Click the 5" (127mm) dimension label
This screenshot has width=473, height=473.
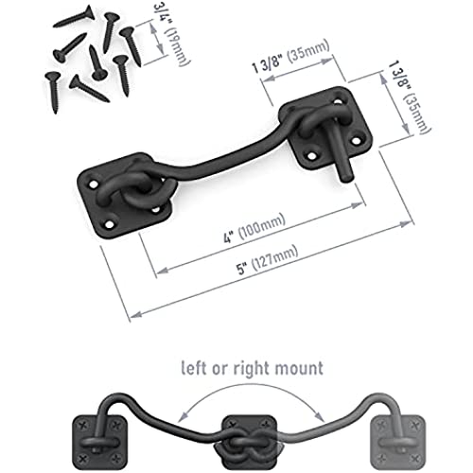(x=268, y=260)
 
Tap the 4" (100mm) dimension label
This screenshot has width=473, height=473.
(x=254, y=228)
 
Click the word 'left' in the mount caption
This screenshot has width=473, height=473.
(x=195, y=368)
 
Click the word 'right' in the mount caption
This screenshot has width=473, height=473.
(x=252, y=369)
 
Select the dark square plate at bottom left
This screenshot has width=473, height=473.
(x=99, y=442)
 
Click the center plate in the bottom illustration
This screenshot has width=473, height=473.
(x=250, y=442)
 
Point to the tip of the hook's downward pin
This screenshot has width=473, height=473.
(x=346, y=179)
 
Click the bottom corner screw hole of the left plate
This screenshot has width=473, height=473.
(x=109, y=225)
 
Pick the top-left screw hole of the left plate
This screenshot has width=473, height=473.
(x=94, y=184)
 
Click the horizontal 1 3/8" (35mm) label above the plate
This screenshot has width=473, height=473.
(x=290, y=57)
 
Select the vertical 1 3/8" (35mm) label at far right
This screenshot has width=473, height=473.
(x=410, y=96)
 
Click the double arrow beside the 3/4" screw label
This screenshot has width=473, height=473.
(x=157, y=38)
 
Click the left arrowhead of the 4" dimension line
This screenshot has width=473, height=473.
(x=162, y=271)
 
